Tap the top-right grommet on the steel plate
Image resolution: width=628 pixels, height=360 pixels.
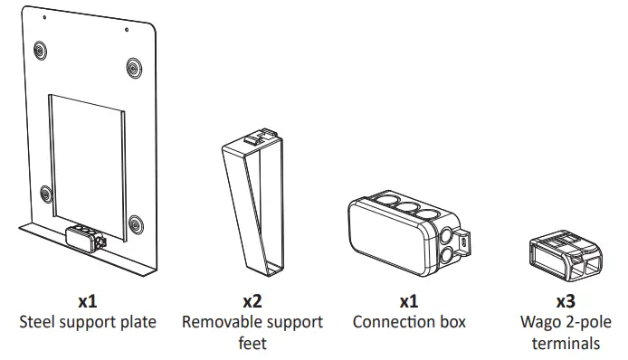[134, 66]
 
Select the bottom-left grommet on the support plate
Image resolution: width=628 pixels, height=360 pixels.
[45, 193]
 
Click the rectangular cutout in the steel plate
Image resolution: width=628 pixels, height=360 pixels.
[87, 154]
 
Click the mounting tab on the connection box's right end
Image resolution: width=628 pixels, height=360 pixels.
[464, 241]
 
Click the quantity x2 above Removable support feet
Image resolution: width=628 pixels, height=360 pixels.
[252, 300]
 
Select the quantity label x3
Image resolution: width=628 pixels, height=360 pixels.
[565, 300]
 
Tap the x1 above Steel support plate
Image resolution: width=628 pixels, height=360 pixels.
[88, 300]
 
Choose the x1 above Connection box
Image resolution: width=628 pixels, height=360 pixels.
[409, 300]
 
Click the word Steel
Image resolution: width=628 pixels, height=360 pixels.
[38, 321]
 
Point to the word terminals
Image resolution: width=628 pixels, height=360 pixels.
[566, 343]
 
